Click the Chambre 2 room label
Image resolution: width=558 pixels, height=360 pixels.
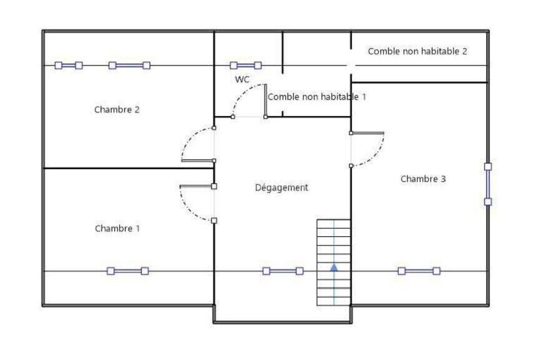pyautogui.click(x=117, y=110)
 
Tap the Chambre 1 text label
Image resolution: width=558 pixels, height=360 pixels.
pyautogui.click(x=117, y=228)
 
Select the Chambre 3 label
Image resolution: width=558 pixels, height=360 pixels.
pyautogui.click(x=423, y=179)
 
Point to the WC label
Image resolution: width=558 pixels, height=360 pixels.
pyautogui.click(x=242, y=80)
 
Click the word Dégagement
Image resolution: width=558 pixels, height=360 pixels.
pyautogui.click(x=281, y=188)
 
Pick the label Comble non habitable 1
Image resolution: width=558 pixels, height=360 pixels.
pyautogui.click(x=316, y=97)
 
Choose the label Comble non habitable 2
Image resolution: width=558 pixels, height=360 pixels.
pyautogui.click(x=417, y=51)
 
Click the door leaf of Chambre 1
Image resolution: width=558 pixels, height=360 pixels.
pyautogui.click(x=197, y=186)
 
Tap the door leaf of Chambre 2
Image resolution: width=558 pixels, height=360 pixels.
pyautogui.click(x=198, y=161)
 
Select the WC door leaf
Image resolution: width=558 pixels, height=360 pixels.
pyautogui.click(x=265, y=100)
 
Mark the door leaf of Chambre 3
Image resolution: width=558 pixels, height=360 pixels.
pyautogui.click(x=367, y=133)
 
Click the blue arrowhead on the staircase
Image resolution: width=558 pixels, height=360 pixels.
pyautogui.click(x=334, y=267)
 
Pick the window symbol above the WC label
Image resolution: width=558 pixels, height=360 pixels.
pyautogui.click(x=245, y=65)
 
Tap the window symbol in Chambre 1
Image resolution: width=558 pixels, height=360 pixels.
pyautogui.click(x=127, y=271)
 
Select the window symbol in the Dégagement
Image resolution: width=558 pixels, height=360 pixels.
pyautogui.click(x=283, y=271)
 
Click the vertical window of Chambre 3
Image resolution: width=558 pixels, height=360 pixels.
pyautogui.click(x=487, y=184)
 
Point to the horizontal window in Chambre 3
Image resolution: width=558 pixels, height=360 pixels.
pyautogui.click(x=419, y=271)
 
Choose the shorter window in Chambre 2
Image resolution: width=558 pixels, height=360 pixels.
pyautogui.click(x=68, y=65)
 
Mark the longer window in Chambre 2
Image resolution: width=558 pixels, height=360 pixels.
pyautogui.click(x=129, y=65)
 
